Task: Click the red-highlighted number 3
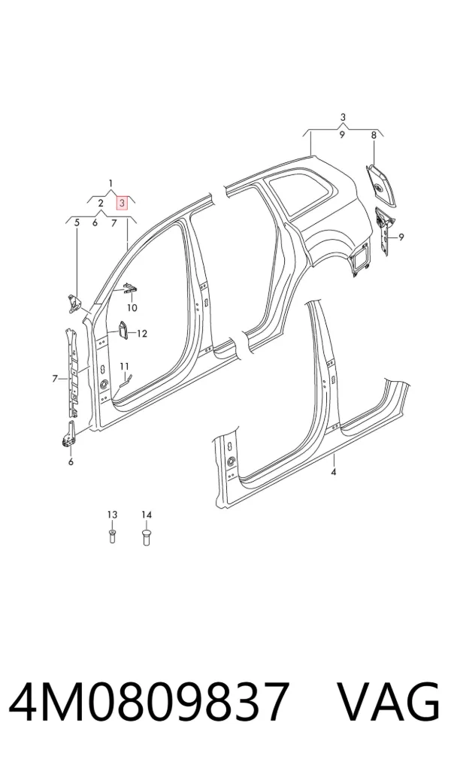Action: coord(121,202)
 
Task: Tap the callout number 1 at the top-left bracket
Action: coord(110,183)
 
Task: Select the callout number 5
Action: coord(77,223)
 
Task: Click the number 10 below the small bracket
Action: coord(132,308)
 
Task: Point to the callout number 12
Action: coord(141,334)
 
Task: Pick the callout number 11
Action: coord(125,366)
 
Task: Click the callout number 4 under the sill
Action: coord(334,472)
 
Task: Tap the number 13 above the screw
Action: coord(112,515)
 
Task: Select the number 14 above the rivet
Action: coord(147,515)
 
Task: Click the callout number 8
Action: coord(374,135)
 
